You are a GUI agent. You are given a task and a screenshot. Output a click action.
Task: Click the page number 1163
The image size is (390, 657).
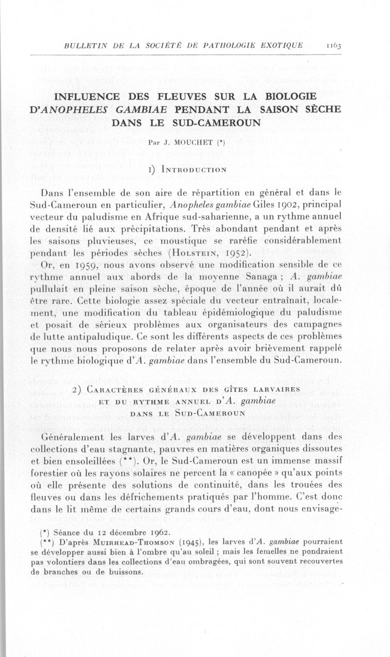[x=334, y=45]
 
